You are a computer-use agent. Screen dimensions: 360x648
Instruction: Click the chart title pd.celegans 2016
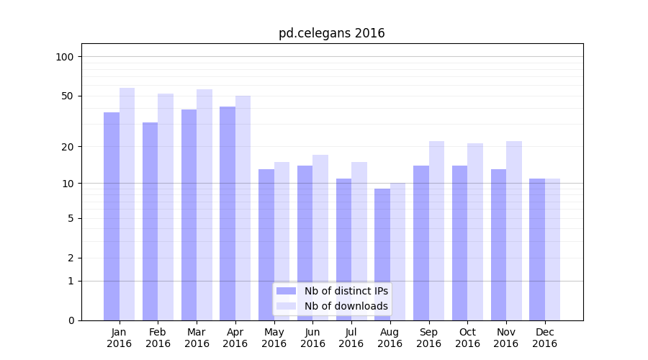(331, 33)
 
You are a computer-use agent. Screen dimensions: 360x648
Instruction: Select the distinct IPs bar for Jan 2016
(112, 216)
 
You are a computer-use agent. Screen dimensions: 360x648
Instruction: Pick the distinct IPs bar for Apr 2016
(228, 213)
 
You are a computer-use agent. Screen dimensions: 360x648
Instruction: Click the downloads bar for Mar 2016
(204, 204)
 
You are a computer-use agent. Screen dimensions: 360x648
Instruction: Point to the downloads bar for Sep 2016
(436, 230)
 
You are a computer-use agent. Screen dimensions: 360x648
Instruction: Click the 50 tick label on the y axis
(68, 96)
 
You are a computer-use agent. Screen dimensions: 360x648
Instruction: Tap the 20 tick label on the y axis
(68, 147)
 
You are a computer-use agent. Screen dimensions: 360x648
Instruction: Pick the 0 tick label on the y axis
(71, 320)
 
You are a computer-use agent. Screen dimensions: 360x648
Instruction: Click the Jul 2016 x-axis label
(351, 338)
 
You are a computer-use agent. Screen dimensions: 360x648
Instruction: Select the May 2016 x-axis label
(274, 338)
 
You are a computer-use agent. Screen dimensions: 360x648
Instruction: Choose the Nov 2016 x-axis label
(506, 338)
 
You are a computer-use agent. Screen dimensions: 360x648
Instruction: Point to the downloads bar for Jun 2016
(320, 238)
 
